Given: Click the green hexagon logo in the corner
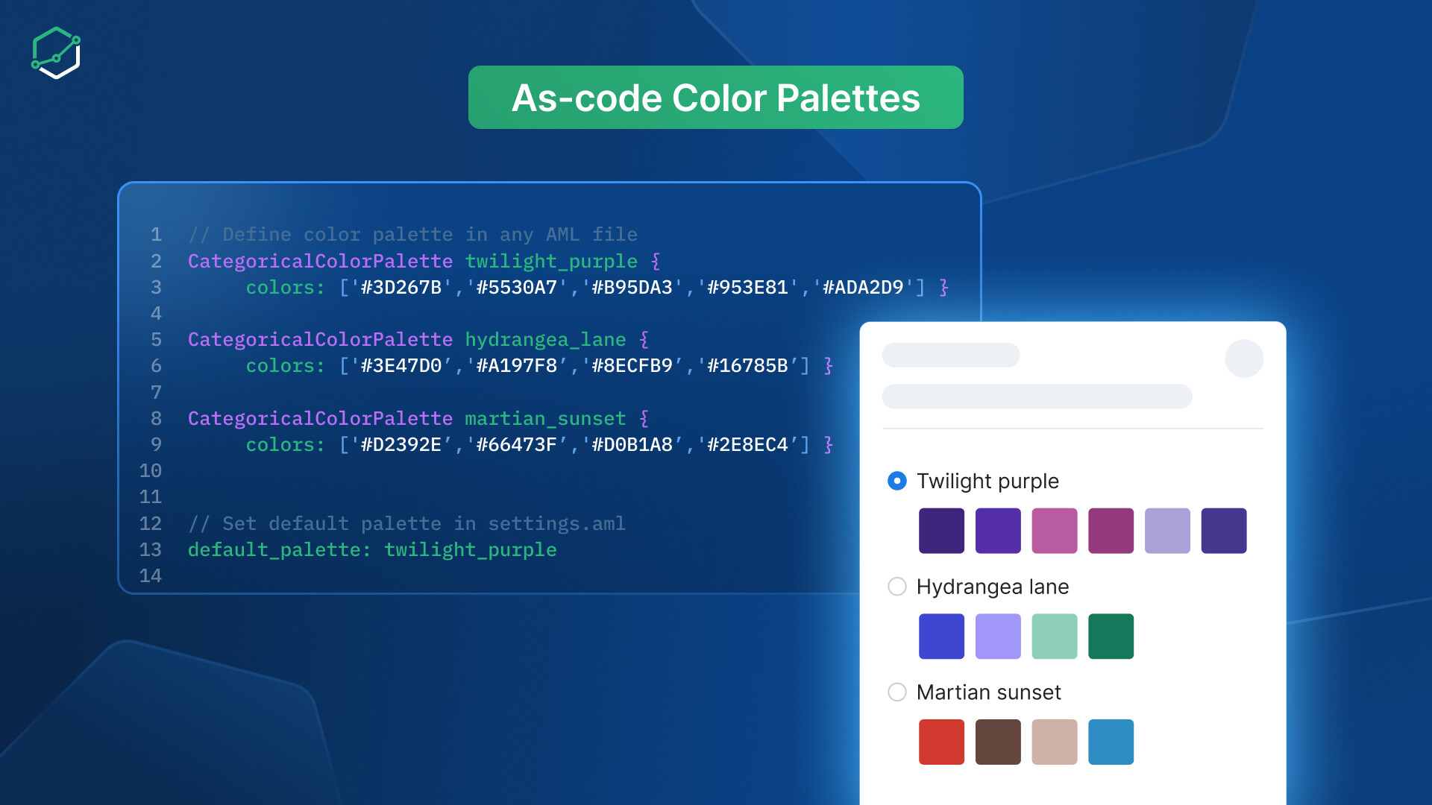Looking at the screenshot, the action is [56, 53].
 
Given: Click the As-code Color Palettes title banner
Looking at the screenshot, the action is [716, 97].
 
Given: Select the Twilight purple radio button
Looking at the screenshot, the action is [897, 481].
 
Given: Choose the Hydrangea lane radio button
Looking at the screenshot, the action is [897, 587].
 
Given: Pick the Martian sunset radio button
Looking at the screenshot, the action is [897, 692].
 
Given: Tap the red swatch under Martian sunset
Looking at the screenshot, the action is [941, 742].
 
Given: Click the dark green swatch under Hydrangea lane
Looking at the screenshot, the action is [1111, 637].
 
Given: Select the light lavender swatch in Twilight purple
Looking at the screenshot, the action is [1167, 531].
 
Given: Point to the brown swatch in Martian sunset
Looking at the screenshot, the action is [998, 742].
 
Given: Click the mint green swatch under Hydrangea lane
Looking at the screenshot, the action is [1055, 637].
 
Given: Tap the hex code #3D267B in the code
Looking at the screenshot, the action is [401, 288].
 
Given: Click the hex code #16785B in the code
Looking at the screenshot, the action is [747, 366].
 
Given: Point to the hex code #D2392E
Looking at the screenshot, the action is [401, 445].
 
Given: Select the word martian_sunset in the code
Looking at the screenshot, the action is [545, 419].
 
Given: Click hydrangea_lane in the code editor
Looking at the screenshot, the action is [545, 340].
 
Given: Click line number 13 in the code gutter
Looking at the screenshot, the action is [151, 550].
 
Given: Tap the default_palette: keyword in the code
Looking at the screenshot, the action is [280, 550].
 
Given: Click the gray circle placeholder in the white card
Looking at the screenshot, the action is [1244, 359].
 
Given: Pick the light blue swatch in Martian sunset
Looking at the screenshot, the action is [1111, 742].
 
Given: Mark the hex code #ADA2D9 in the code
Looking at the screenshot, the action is [863, 288].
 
